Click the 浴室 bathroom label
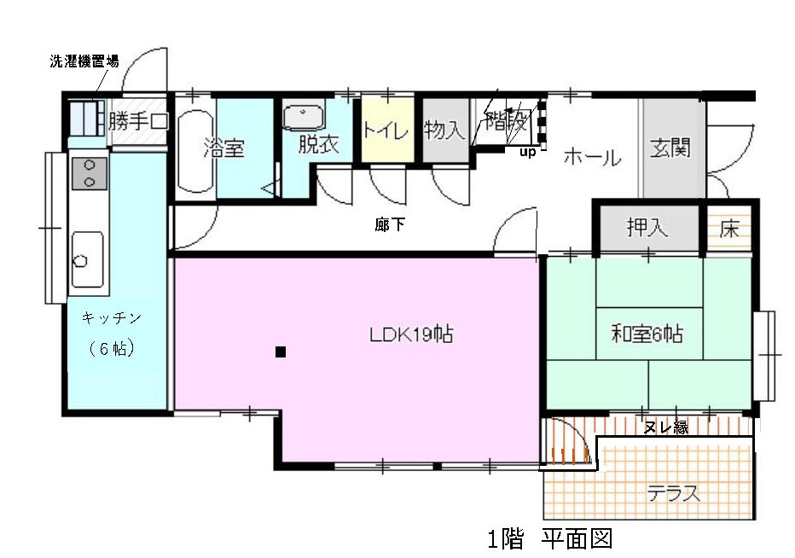(x=224, y=148)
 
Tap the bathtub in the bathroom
(x=195, y=151)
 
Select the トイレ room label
(x=386, y=131)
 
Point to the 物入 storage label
(x=444, y=130)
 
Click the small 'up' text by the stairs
(x=527, y=152)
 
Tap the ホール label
(x=593, y=157)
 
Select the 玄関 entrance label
(x=670, y=148)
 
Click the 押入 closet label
(x=647, y=227)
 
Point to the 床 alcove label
(x=729, y=230)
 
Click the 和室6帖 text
(x=647, y=334)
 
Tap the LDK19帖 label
(x=411, y=334)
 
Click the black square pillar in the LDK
(x=281, y=352)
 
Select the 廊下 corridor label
(x=390, y=224)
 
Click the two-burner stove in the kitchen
(x=90, y=173)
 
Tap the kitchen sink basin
(x=87, y=259)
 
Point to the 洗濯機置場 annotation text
(x=84, y=61)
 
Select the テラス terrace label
(x=674, y=493)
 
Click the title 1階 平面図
(x=550, y=538)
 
